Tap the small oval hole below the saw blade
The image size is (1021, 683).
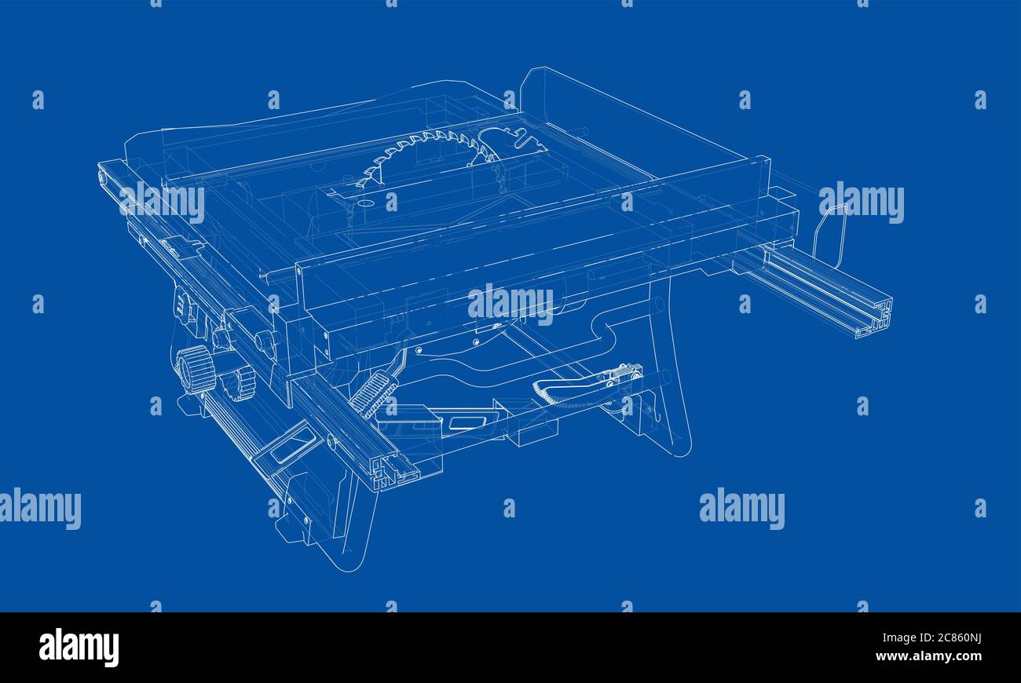(x=364, y=203)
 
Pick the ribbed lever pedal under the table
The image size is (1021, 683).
(x=374, y=393)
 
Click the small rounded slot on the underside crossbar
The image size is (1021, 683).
(x=463, y=423)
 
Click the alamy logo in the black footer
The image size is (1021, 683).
(x=79, y=648)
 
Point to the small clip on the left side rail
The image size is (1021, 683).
(x=181, y=247)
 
